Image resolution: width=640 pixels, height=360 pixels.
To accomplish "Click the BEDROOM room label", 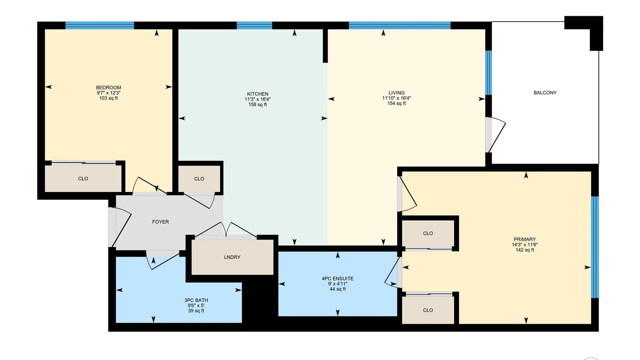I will (108, 88).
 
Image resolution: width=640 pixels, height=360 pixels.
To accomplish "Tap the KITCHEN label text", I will (257, 94).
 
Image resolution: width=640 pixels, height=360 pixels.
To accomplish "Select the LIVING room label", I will (396, 93).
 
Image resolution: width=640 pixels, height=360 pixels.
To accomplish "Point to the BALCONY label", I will (545, 93).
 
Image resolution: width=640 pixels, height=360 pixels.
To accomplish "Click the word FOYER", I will (160, 222).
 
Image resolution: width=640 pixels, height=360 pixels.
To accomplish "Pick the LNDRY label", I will (232, 257).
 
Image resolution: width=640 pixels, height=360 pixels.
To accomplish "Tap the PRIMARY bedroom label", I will (525, 239).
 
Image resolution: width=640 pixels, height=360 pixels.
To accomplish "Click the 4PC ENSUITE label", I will (337, 279).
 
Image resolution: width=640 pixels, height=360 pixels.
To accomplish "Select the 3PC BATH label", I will (196, 300).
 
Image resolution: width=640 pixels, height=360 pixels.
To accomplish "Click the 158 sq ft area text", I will (257, 105).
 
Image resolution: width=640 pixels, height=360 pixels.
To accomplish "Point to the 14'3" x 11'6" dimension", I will (525, 245).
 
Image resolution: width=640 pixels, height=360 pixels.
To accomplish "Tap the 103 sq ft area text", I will (108, 98).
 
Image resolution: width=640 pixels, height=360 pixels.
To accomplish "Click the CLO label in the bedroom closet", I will (83, 179).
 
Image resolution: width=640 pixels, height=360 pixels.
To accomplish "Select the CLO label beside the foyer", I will (199, 179).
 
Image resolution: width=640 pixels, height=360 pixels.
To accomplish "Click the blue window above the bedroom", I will (100, 25).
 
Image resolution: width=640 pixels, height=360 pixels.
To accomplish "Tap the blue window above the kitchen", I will (254, 25).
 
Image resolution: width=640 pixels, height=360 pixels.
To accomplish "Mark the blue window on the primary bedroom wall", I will (595, 247).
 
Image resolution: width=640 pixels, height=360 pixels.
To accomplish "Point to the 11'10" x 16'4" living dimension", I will (396, 98).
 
